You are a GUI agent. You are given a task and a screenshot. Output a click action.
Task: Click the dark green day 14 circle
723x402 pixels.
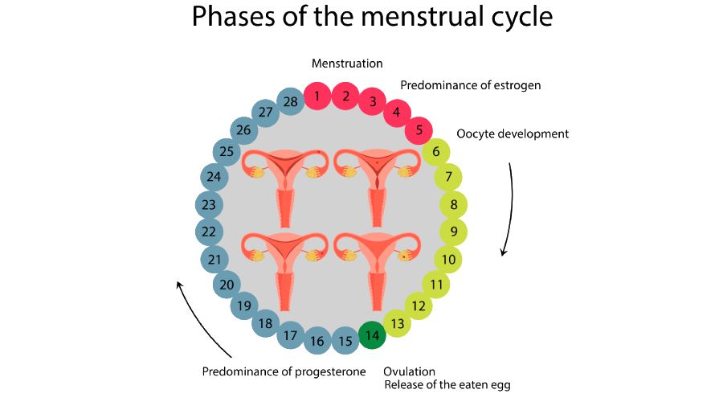371,335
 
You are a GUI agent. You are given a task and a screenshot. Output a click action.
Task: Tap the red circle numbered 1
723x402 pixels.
317,97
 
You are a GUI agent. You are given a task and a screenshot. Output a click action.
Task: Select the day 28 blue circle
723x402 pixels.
291,100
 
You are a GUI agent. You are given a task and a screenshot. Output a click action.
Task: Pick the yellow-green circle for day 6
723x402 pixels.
435,151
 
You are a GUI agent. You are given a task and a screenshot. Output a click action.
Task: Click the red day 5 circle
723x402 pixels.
419,129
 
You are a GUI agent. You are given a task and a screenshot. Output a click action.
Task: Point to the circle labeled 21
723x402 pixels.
214,260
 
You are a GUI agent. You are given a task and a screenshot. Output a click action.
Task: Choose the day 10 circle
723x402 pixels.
448,260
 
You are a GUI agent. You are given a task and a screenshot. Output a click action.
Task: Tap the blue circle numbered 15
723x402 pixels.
345,341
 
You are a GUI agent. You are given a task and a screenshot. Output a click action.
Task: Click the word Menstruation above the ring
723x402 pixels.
347,63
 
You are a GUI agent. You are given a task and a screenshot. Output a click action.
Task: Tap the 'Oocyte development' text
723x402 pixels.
512,133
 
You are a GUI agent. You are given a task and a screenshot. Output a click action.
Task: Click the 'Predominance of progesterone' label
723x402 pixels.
284,371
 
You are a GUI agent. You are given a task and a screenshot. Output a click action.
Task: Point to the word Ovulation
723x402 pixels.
409,371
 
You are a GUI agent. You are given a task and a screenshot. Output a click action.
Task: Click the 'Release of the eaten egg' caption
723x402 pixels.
447,384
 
